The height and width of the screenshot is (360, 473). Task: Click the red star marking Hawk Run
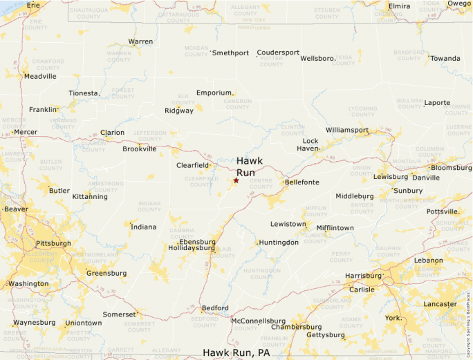tap(236, 180)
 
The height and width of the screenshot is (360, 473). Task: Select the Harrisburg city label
tap(363, 276)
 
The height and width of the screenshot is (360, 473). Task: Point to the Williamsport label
tap(347, 129)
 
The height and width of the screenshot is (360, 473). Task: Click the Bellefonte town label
tap(302, 182)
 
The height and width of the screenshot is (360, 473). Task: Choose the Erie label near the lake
tap(33, 5)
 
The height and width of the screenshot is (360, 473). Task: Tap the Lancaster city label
tap(440, 304)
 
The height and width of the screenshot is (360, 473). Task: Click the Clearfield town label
tap(192, 165)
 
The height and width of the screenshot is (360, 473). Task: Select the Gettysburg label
tap(325, 335)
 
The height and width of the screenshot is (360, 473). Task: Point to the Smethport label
tap(230, 53)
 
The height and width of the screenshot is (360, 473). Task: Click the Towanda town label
tap(445, 58)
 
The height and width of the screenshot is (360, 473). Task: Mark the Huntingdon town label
tap(279, 243)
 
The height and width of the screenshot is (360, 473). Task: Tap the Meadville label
tap(40, 76)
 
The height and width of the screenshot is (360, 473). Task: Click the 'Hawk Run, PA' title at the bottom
tap(236, 352)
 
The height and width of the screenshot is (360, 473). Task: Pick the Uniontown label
tap(83, 323)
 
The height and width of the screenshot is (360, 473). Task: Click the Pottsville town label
tap(443, 211)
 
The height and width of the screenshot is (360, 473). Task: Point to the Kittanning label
tap(90, 196)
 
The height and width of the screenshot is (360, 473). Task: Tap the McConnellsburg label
tap(258, 321)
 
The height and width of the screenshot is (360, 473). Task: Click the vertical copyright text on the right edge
tap(468, 311)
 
